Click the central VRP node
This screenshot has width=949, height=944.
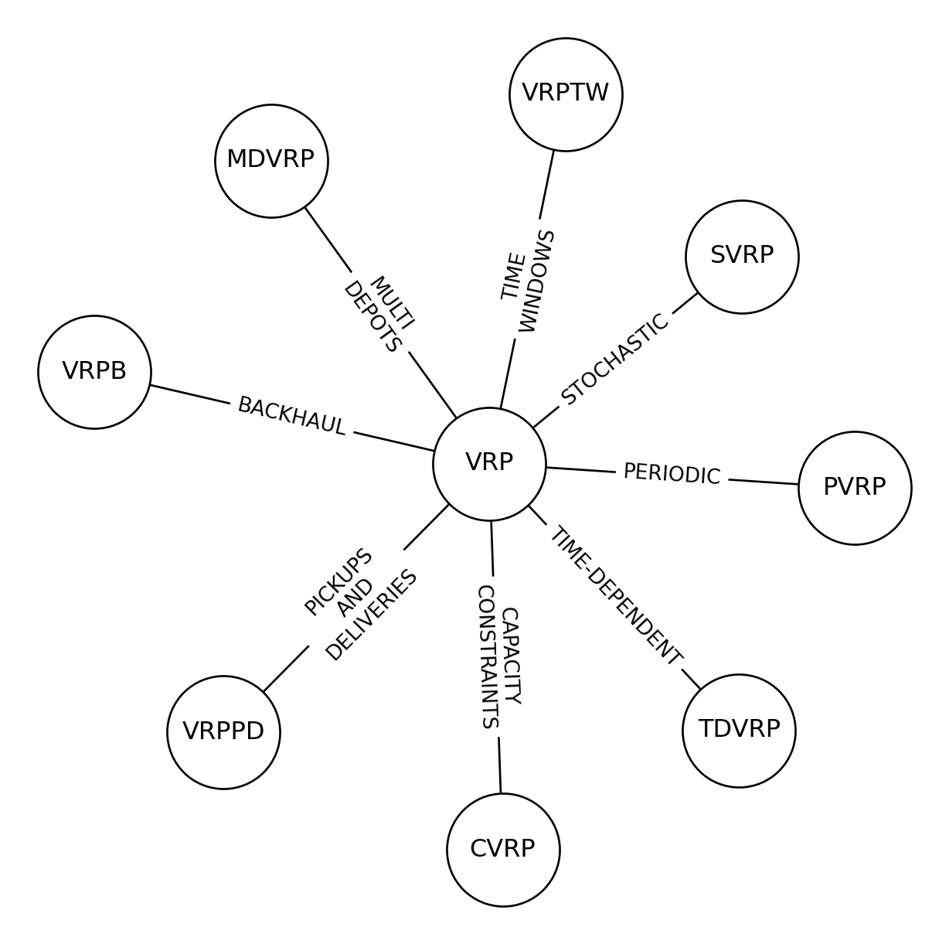click(x=489, y=464)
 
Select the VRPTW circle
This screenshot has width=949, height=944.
click(x=566, y=94)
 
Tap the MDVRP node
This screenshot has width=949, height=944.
click(x=271, y=161)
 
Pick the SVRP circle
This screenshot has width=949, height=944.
click(x=742, y=257)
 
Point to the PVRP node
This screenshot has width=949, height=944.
click(x=855, y=488)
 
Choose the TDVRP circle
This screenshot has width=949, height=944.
click(x=739, y=731)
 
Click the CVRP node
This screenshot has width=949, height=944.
click(x=503, y=850)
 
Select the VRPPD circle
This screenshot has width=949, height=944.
click(x=223, y=732)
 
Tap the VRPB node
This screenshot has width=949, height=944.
click(x=94, y=372)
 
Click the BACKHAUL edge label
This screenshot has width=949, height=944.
click(x=291, y=416)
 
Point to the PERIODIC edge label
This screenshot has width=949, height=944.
click(x=672, y=474)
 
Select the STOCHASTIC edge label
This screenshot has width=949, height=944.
click(x=615, y=360)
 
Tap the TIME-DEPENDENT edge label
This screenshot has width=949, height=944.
click(x=616, y=595)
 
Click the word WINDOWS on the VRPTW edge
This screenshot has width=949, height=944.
click(x=537, y=281)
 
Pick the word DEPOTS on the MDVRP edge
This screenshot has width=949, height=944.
click(x=372, y=318)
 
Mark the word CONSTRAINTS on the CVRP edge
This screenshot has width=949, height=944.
click(x=486, y=657)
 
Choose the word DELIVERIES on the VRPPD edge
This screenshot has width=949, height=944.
click(x=372, y=615)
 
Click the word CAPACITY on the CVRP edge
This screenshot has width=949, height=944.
click(x=511, y=656)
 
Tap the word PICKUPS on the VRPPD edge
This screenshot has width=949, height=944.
click(x=338, y=582)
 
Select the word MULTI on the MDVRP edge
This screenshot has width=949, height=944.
click(x=392, y=303)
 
